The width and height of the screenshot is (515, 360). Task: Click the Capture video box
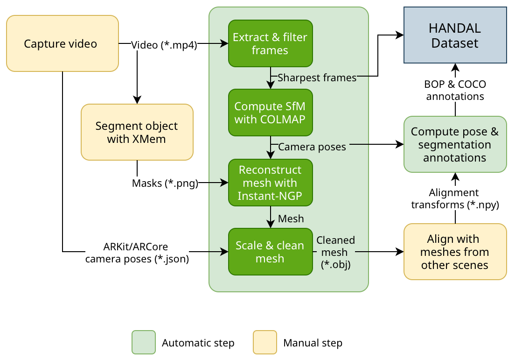(x=62, y=43)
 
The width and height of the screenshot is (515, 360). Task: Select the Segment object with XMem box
(x=137, y=132)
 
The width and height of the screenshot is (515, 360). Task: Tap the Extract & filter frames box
(x=270, y=43)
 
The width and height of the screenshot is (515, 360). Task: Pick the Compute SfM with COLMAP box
(x=270, y=113)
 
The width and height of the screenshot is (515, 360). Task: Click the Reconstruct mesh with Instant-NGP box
(x=270, y=183)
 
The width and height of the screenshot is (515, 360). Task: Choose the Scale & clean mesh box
(x=270, y=252)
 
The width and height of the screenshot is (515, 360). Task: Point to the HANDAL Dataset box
(x=455, y=35)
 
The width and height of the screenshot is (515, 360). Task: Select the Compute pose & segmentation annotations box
(x=455, y=144)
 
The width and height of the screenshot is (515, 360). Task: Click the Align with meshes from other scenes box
(x=455, y=252)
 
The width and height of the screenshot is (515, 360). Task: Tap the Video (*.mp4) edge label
(x=164, y=45)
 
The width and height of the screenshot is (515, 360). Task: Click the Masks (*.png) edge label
(x=165, y=184)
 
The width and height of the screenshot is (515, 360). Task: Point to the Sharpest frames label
(x=317, y=78)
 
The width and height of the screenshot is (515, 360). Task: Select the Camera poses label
(x=312, y=147)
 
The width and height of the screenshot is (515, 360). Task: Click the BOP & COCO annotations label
(x=455, y=91)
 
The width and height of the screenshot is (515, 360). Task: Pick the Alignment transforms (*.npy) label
(x=455, y=198)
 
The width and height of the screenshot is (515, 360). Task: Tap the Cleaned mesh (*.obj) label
(x=335, y=252)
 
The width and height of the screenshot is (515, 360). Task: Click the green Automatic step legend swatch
(x=144, y=343)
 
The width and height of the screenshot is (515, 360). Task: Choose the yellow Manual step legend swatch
(x=265, y=343)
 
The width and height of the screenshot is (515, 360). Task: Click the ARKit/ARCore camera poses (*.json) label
(x=137, y=253)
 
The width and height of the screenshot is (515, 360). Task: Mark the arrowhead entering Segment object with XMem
(x=137, y=100)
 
